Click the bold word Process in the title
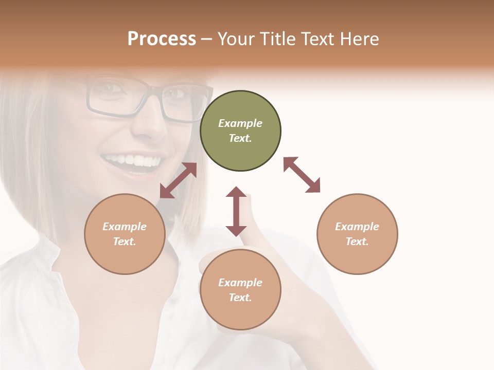[x=162, y=39]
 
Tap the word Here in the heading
[x=358, y=39]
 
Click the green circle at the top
[x=240, y=131]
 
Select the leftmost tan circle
[x=125, y=234]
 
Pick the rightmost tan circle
[x=357, y=234]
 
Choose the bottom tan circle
[x=240, y=290]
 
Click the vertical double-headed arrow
[x=236, y=211]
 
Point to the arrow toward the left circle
[x=178, y=180]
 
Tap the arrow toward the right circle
[x=302, y=175]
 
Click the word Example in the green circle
[x=240, y=123]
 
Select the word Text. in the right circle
[x=357, y=242]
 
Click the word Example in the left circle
[x=125, y=227]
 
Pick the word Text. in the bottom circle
[x=240, y=298]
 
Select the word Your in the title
[x=236, y=39]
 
